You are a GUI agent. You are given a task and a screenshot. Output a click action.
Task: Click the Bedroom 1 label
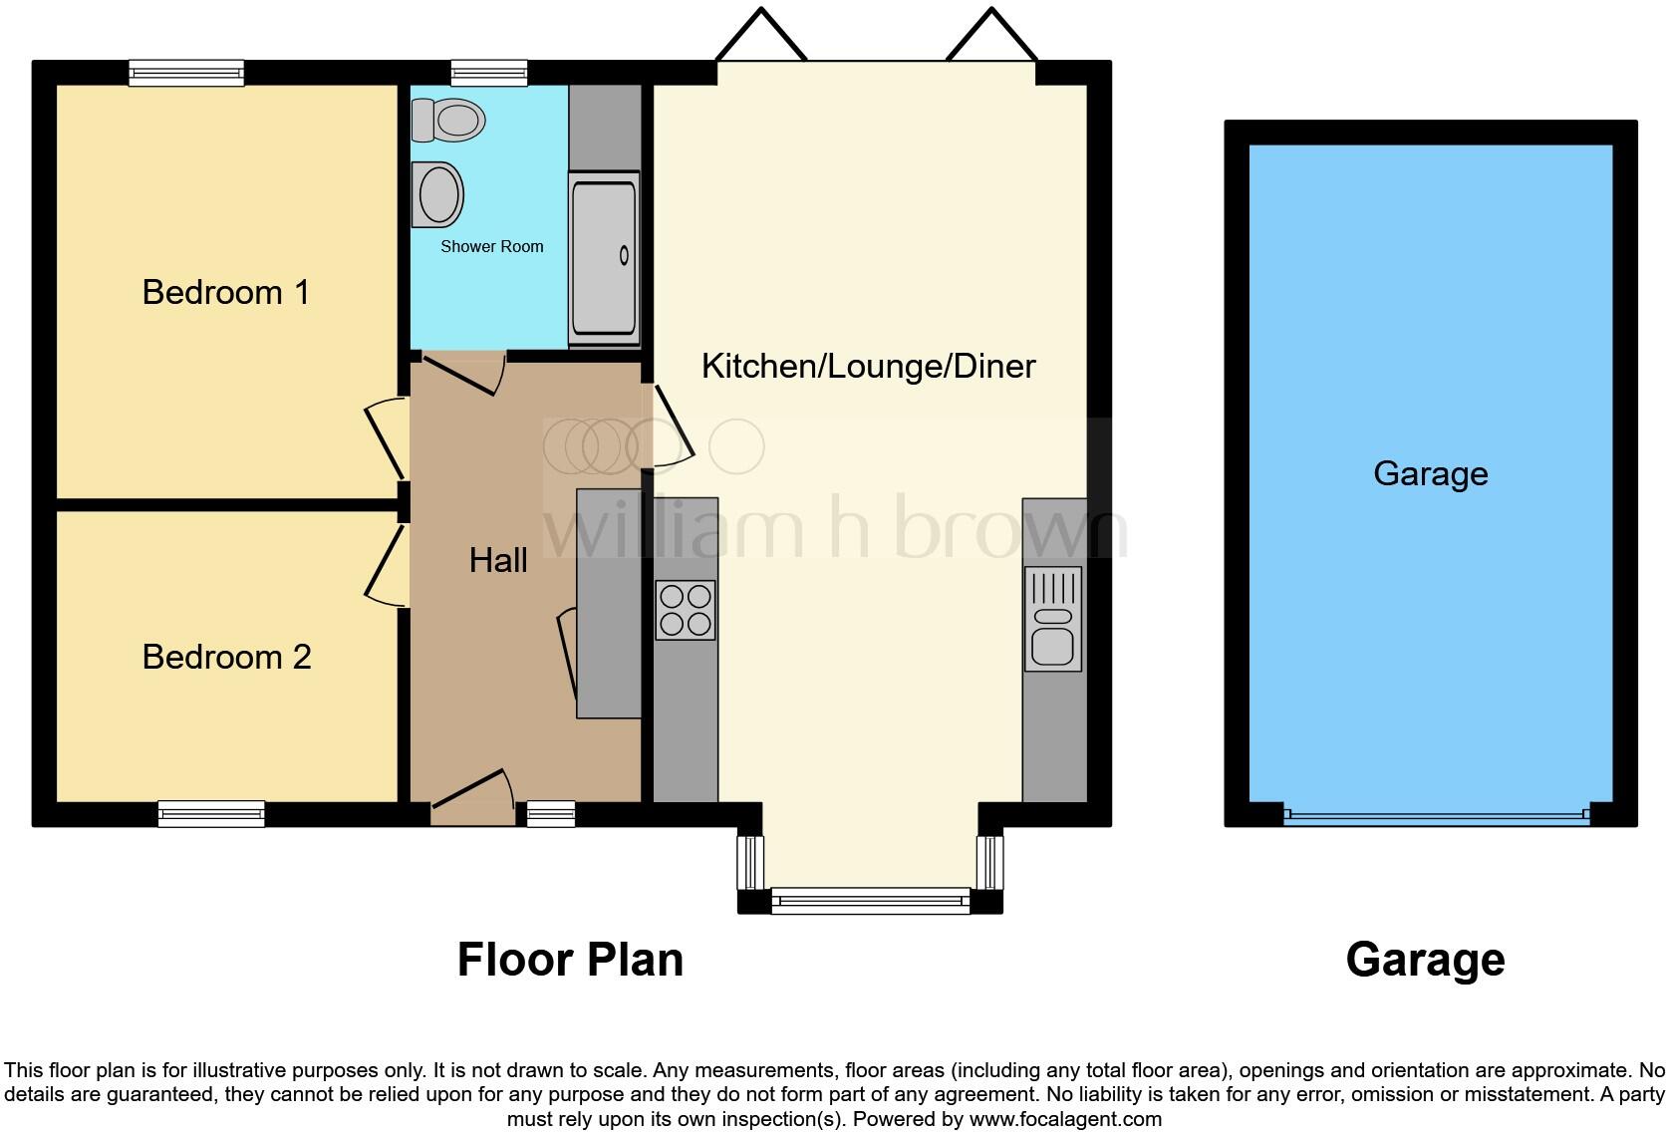[x=226, y=292]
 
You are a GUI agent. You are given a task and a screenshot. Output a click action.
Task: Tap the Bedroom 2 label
[x=226, y=657]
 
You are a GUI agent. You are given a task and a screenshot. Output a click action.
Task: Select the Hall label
[x=498, y=560]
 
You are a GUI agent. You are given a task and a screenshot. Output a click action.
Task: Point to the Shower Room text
[x=492, y=246]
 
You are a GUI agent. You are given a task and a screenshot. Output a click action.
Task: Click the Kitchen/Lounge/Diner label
[x=868, y=366]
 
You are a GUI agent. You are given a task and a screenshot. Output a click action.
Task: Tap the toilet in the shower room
[x=448, y=121]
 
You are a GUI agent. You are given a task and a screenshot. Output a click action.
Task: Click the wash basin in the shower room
[x=438, y=194]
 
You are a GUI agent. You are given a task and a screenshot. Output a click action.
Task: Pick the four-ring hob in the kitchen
[x=686, y=609]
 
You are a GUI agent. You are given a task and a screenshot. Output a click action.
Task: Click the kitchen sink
[x=1053, y=619]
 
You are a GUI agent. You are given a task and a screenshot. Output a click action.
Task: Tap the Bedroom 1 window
[x=186, y=73]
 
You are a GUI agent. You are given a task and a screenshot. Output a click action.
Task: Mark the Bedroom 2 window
[x=211, y=814]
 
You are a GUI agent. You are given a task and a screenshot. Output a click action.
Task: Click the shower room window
[x=488, y=72]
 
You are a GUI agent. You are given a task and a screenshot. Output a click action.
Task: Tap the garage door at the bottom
[x=1436, y=815]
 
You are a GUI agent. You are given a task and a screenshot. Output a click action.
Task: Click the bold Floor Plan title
[x=570, y=960]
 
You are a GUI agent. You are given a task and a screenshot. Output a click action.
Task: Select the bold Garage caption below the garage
[x=1425, y=960]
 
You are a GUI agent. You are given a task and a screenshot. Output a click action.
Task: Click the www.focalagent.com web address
[x=1065, y=1119]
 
